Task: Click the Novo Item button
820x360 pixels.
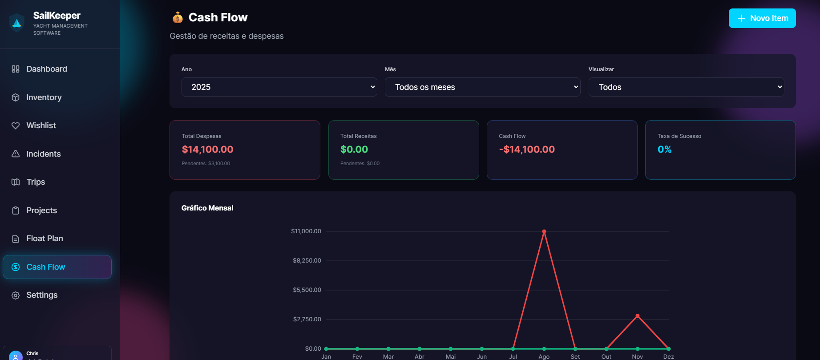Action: click(762, 18)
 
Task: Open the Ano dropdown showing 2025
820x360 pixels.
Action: click(279, 87)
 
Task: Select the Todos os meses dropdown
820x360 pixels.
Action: click(482, 87)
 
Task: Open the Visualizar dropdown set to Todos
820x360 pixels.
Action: click(686, 87)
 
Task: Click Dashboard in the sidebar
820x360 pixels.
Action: click(47, 69)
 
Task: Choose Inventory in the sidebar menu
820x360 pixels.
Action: click(44, 97)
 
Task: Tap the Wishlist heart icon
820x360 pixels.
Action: click(16, 126)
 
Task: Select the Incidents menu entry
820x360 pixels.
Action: click(43, 154)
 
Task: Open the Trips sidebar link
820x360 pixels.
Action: click(36, 182)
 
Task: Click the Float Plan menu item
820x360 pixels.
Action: click(44, 239)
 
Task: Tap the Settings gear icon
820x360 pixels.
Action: click(16, 295)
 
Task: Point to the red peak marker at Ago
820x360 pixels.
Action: click(544, 231)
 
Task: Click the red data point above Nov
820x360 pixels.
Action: click(638, 316)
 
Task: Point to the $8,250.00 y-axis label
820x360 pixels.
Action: click(307, 260)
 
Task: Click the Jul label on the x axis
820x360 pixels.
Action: click(513, 356)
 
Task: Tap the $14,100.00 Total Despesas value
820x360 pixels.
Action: click(207, 150)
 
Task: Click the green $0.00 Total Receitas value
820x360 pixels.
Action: click(354, 150)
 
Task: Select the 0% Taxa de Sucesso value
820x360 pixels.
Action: click(664, 150)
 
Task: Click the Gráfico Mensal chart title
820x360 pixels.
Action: click(207, 208)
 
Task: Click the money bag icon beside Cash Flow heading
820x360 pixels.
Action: click(178, 18)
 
